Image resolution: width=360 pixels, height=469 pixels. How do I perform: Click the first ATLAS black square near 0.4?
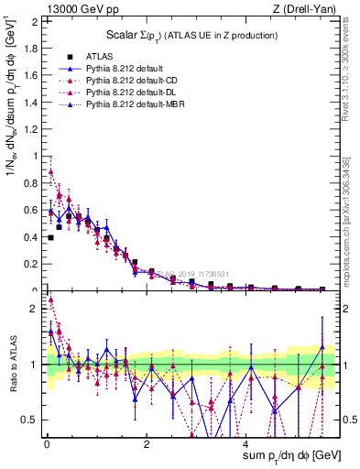click(50, 237)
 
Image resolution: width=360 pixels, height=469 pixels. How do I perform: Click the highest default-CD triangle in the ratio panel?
click(50, 299)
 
